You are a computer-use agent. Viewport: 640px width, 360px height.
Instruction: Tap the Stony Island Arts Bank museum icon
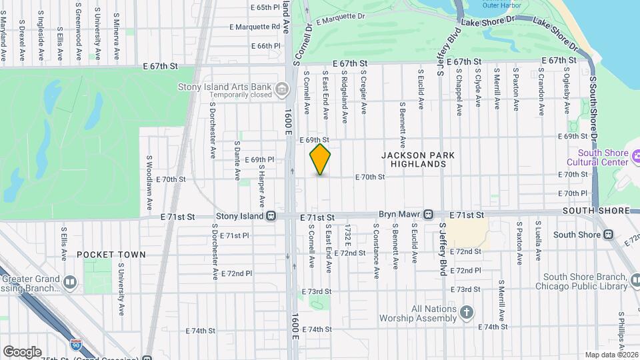282,88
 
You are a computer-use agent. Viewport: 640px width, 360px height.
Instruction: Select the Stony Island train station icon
271,217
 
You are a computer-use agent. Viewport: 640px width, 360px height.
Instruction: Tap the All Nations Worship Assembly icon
467,312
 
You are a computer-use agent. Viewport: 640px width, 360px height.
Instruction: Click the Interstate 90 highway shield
77,345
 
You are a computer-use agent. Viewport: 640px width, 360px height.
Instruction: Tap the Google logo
21,352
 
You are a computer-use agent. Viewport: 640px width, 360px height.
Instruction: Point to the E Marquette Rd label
255,27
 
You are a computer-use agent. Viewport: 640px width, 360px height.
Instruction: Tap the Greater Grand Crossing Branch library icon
70,283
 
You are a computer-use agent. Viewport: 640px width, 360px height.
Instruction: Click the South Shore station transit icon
609,235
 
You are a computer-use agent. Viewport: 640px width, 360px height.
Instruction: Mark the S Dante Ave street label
237,160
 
